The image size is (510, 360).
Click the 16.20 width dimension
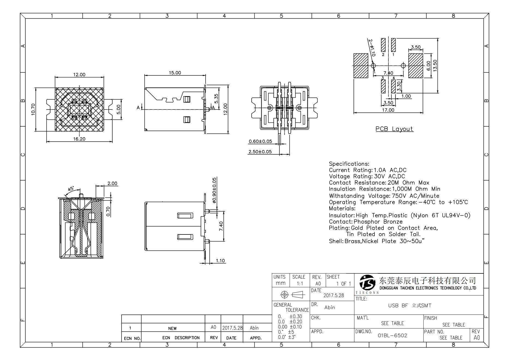(x=79, y=139)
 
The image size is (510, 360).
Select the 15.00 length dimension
(x=175, y=73)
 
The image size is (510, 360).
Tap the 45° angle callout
(x=71, y=189)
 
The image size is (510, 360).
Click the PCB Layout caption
(x=394, y=129)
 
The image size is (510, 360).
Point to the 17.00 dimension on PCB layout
(x=388, y=110)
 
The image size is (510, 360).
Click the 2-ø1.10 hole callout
(x=372, y=48)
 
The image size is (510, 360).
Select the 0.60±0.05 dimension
(x=260, y=141)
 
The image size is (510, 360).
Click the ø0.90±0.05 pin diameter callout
(x=214, y=190)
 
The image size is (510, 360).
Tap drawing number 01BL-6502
(x=392, y=335)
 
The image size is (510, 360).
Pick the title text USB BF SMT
(x=409, y=306)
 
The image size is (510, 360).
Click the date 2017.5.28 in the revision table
(x=232, y=328)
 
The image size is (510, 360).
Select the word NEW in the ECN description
(x=172, y=328)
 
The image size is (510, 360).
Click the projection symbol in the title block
(x=291, y=295)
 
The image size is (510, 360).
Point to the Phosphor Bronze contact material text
(x=378, y=222)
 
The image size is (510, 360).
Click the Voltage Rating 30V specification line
(x=367, y=176)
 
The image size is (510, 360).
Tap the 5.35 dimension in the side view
(x=216, y=98)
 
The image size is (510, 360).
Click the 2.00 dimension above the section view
(x=112, y=183)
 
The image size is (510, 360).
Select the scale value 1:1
(x=300, y=284)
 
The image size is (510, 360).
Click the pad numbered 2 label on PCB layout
(x=383, y=54)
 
